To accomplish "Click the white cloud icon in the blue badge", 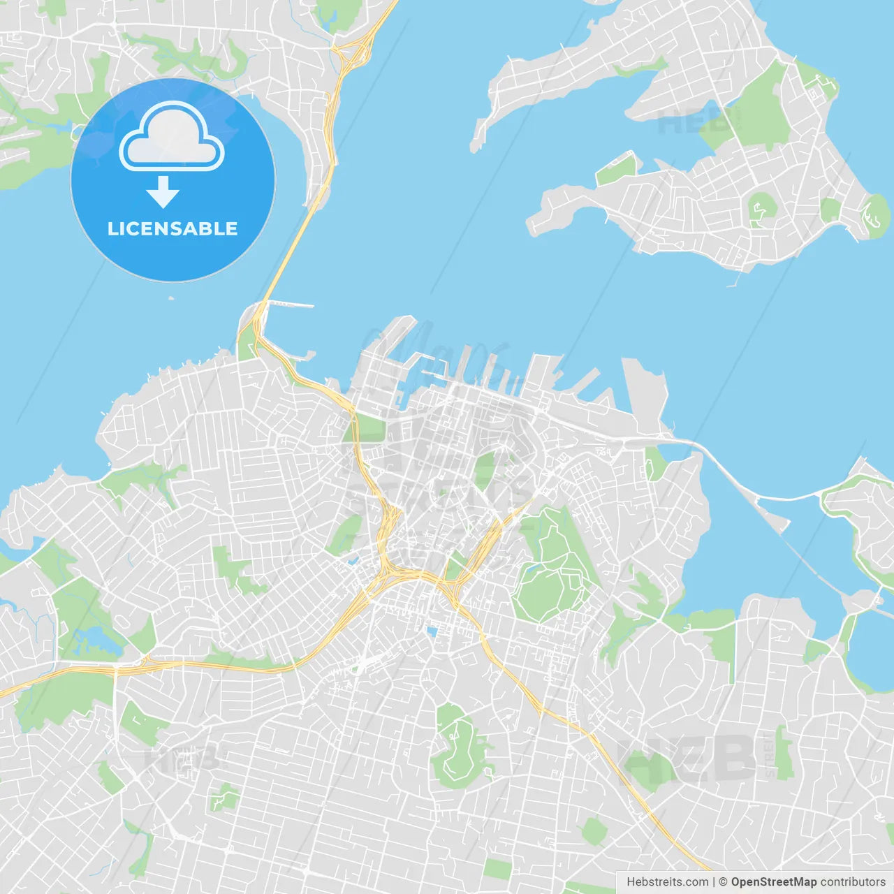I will [172, 138].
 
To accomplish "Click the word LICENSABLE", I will [173, 229].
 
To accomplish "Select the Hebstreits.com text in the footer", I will [668, 882].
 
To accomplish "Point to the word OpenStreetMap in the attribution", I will [773, 882].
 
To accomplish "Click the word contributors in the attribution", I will [853, 882].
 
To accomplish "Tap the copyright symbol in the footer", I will [723, 882].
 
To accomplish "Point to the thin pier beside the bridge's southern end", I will [290, 304].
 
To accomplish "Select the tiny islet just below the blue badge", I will [171, 298].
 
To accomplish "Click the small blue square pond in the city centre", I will [432, 632].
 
